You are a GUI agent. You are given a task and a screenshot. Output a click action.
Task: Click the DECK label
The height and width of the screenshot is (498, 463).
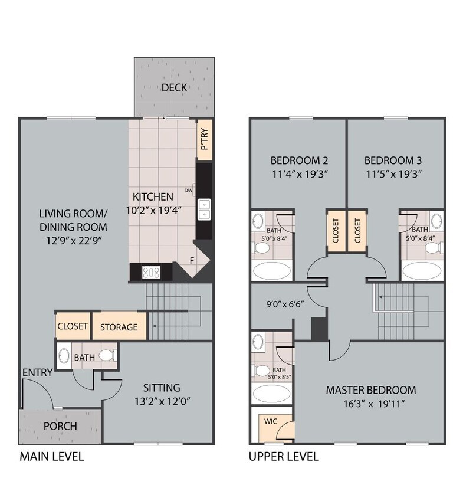pos(174,87)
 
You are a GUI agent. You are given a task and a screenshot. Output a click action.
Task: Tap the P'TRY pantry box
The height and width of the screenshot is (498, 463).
pos(204,140)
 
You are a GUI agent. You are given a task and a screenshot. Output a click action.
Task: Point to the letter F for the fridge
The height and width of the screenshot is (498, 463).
pos(192,260)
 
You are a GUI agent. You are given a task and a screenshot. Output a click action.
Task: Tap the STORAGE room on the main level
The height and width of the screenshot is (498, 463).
pos(119,327)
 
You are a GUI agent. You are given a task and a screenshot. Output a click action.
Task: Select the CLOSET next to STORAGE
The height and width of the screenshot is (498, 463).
pos(73,326)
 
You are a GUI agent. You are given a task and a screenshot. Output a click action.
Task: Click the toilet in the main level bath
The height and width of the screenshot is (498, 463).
pos(106,356)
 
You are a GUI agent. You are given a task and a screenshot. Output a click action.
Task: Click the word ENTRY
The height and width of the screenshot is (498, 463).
pos(37,372)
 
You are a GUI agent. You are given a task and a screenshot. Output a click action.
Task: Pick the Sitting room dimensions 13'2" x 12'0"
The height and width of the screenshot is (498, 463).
pos(161,401)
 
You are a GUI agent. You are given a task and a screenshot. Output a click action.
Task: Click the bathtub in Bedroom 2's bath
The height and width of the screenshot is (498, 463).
pos(272,271)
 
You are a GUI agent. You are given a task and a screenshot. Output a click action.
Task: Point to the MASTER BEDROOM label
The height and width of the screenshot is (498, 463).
pos(371,390)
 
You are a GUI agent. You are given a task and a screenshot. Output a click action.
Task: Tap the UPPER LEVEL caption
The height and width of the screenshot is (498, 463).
pos(283,456)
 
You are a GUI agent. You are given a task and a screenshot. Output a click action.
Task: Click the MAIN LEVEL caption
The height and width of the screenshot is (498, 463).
pos(52,456)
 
